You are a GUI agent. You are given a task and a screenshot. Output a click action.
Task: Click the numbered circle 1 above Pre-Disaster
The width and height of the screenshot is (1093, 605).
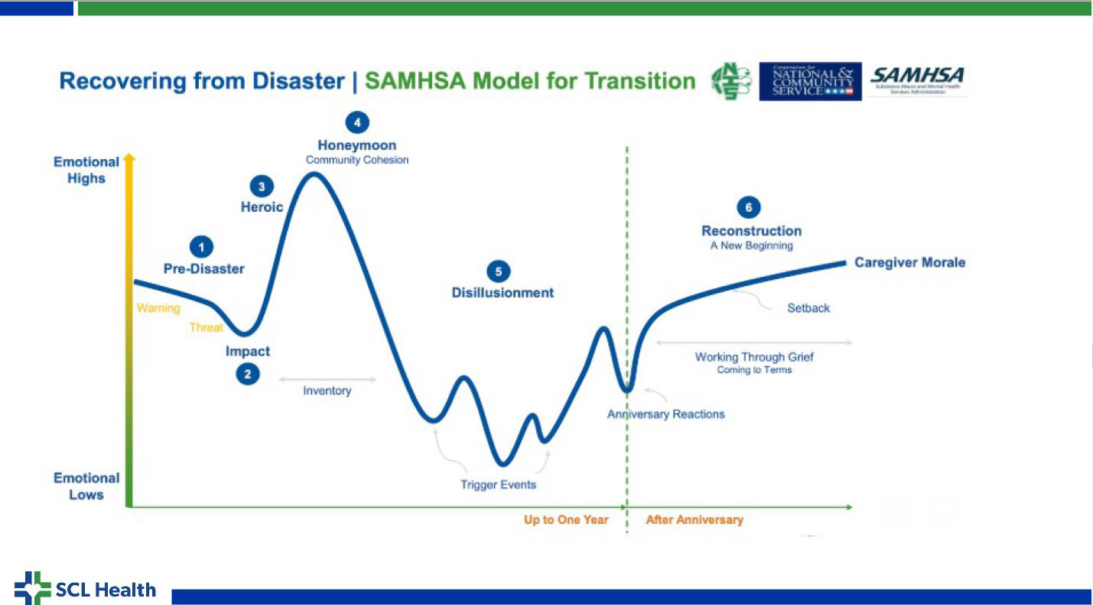[x=201, y=246]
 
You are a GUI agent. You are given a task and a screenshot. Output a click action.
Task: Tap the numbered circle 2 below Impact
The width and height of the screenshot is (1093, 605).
[x=247, y=374]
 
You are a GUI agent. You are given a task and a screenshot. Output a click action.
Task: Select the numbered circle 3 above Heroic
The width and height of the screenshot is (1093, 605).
[x=262, y=186]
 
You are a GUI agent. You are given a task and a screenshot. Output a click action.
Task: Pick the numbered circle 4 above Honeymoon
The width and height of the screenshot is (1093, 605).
[x=356, y=122]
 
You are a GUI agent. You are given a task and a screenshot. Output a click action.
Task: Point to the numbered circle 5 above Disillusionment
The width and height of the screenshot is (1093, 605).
[x=498, y=271]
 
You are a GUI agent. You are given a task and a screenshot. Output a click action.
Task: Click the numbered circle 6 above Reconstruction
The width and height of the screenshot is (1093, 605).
[x=748, y=207]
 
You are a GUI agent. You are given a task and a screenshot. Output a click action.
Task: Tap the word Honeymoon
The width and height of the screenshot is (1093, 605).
[x=357, y=145]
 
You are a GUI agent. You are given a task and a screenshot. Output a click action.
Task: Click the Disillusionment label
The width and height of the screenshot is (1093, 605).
[x=503, y=292]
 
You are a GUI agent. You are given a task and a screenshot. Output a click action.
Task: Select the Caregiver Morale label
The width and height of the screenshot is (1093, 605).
[x=909, y=262]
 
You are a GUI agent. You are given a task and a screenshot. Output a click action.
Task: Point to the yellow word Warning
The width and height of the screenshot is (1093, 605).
[x=158, y=308]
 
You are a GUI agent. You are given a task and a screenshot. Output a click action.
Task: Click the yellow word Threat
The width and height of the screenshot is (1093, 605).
[x=207, y=327]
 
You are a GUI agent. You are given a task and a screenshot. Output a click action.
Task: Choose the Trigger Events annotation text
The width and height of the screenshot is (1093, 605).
[x=498, y=485]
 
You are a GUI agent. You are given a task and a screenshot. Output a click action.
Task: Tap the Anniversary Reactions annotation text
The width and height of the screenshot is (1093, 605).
[x=665, y=414]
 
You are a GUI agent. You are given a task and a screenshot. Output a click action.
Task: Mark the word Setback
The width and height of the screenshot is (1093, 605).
[x=808, y=308]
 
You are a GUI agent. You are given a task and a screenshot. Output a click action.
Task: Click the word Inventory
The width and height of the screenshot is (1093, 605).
[x=327, y=391]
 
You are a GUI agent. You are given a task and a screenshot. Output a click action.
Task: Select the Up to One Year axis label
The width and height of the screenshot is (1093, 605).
[x=565, y=520]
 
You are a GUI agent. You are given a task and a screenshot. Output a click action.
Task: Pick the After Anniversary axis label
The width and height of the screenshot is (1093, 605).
[x=695, y=520]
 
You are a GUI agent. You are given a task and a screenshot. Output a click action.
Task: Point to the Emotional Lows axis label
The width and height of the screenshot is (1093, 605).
[x=86, y=486]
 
